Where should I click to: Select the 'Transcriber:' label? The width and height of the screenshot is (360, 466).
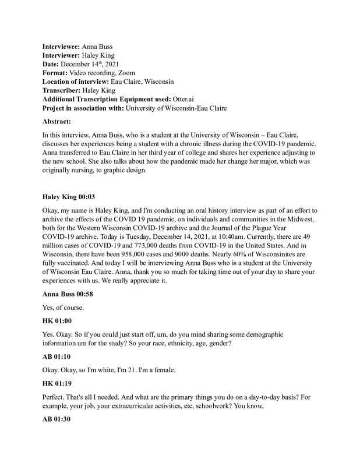[x=62, y=90]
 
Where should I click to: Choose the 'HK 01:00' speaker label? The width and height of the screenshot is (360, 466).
[x=58, y=321]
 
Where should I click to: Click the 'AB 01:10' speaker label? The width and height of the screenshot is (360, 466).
[x=58, y=358]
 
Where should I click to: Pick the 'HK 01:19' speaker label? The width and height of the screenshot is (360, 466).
[x=58, y=385]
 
